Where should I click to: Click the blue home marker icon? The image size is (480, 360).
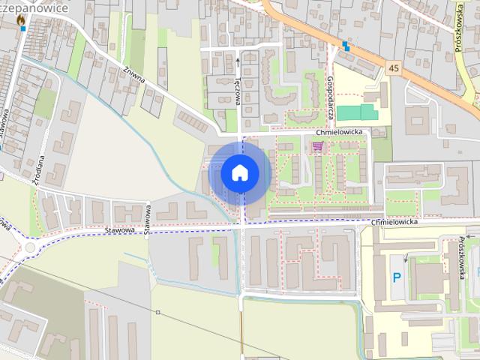pos(240,172)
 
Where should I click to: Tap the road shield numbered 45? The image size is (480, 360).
pos(394,68)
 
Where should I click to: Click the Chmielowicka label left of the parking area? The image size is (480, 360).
pos(402,223)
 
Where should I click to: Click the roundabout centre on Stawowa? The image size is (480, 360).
pos(31,247)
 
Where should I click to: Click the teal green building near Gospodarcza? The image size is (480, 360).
pos(356,112)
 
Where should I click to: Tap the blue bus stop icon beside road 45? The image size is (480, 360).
pos(346,46)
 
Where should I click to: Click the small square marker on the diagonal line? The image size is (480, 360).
pos(158,312)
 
